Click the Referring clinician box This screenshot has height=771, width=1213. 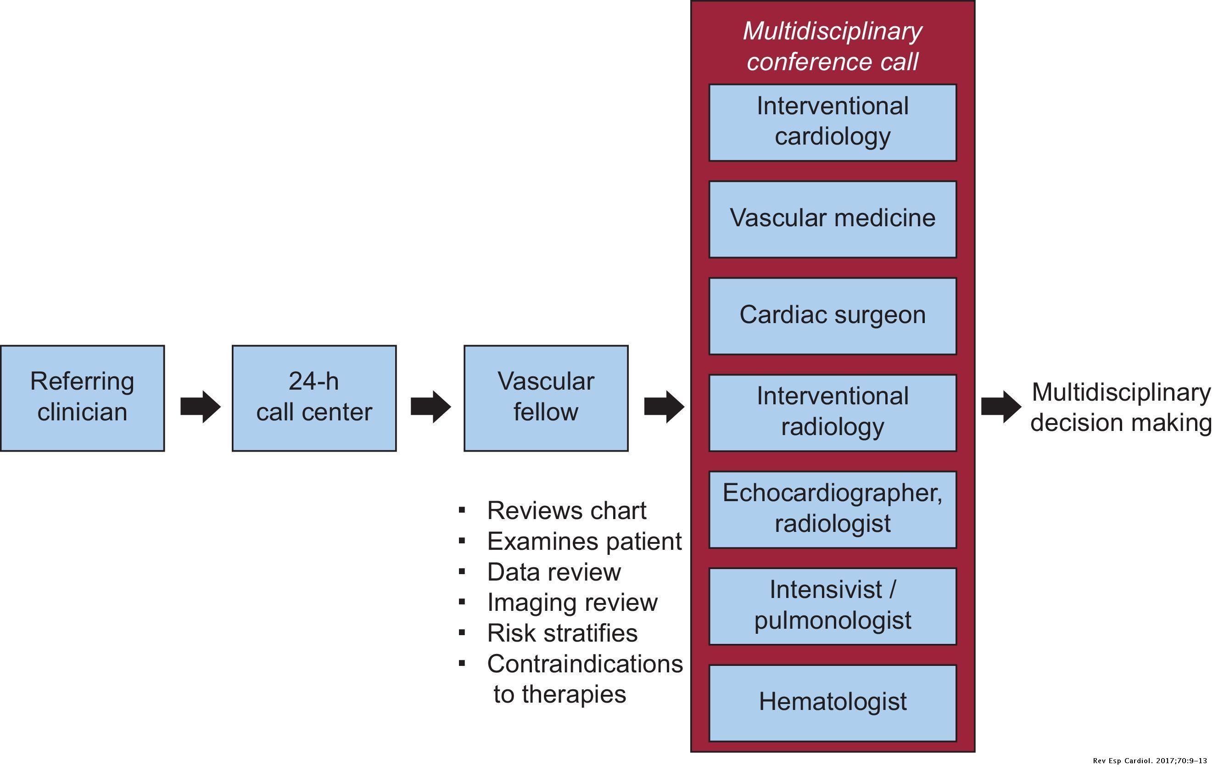click(82, 398)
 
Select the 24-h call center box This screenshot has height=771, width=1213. click(314, 398)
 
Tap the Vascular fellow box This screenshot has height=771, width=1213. click(546, 398)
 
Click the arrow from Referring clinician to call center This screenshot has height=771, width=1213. click(201, 407)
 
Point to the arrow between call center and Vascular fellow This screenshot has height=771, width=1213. click(430, 407)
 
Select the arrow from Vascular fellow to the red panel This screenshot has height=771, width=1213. click(664, 407)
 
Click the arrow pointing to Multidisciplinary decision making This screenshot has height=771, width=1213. click(1001, 407)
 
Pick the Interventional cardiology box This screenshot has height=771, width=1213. click(832, 123)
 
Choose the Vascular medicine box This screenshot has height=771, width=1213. click(832, 219)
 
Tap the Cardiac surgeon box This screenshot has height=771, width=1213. click(832, 316)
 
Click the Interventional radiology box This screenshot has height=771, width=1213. click(832, 413)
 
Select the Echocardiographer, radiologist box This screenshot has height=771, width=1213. click(832, 509)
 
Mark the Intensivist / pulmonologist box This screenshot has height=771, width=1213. click(832, 606)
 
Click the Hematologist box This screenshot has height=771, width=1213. click(832, 703)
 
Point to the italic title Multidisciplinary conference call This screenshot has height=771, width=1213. click(832, 46)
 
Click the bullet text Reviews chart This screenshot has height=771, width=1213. click(566, 511)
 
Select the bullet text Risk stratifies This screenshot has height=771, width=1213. click(562, 633)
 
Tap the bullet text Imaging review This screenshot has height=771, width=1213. click(572, 602)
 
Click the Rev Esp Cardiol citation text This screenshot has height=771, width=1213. click(1150, 760)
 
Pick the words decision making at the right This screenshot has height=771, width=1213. click(1120, 423)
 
